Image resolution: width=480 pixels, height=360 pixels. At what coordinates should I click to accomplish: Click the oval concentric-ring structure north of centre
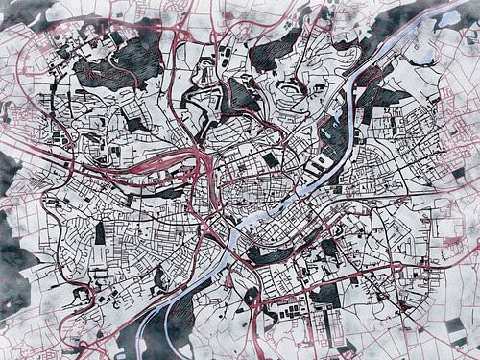[288, 91]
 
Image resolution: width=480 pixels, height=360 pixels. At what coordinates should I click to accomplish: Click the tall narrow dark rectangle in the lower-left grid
[100, 233]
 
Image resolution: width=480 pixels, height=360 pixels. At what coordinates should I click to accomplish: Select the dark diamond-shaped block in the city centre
[272, 159]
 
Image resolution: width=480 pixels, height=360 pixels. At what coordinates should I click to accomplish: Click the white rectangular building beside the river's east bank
[322, 163]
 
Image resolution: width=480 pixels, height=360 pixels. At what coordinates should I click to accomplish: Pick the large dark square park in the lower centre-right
[326, 293]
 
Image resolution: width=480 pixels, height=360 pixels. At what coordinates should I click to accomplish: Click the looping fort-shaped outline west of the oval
[235, 96]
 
